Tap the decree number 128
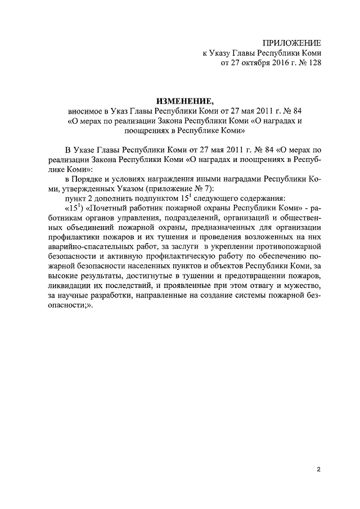click(x=313, y=64)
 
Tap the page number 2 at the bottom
click(x=318, y=469)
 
